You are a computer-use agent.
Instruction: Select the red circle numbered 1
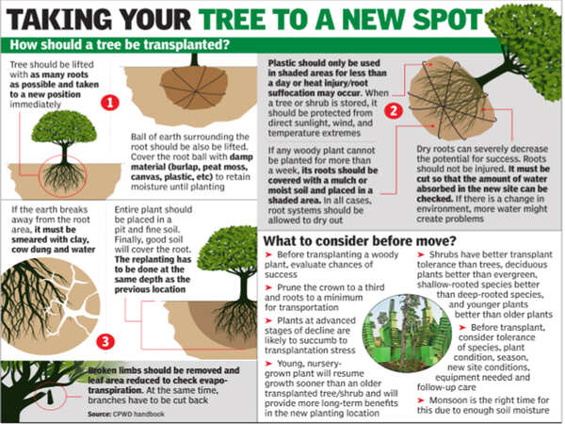coord(111,102)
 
